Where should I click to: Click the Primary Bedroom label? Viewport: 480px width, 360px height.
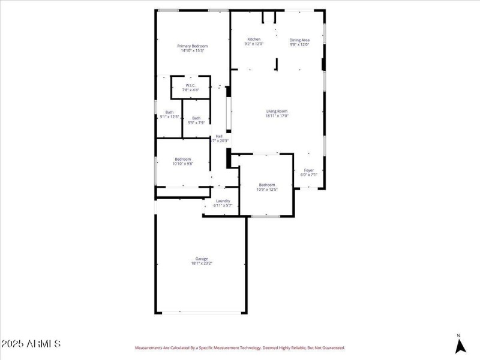pyautogui.click(x=192, y=46)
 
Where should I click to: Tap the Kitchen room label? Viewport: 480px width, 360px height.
pyautogui.click(x=254, y=40)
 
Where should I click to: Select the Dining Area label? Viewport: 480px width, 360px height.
pyautogui.click(x=299, y=40)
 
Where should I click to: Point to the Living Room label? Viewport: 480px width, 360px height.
pyautogui.click(x=277, y=111)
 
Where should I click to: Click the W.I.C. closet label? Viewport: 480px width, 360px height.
pyautogui.click(x=190, y=85)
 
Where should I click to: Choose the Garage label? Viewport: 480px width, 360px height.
pyautogui.click(x=201, y=259)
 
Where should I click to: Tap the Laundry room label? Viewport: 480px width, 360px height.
pyautogui.click(x=223, y=201)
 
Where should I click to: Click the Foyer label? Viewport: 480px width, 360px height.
pyautogui.click(x=308, y=170)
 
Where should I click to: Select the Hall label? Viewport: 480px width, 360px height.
pyautogui.click(x=219, y=136)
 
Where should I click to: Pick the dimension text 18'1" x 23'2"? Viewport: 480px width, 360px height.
pyautogui.click(x=201, y=263)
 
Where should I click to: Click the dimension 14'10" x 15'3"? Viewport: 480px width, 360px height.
pyautogui.click(x=192, y=51)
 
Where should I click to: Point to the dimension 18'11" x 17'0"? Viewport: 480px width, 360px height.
pyautogui.click(x=277, y=116)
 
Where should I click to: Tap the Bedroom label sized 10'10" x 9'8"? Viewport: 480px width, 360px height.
pyautogui.click(x=183, y=159)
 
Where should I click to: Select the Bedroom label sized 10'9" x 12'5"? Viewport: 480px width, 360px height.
pyautogui.click(x=267, y=184)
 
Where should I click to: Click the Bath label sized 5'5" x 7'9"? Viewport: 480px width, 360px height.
pyautogui.click(x=196, y=118)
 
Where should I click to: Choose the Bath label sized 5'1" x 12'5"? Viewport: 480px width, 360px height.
pyautogui.click(x=170, y=113)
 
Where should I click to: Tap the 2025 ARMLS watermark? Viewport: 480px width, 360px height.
pyautogui.click(x=31, y=344)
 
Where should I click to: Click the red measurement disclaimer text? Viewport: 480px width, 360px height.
pyautogui.click(x=240, y=347)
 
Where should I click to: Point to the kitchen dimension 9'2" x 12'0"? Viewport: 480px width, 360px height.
pyautogui.click(x=254, y=44)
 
